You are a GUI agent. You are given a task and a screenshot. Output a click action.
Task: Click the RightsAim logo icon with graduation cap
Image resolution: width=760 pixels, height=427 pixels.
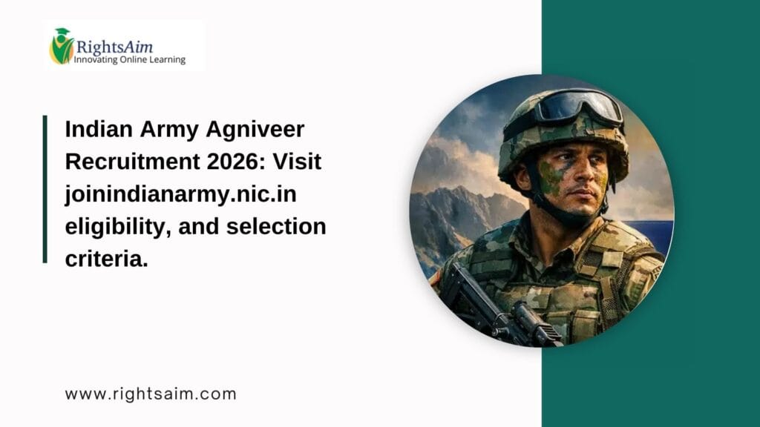61,45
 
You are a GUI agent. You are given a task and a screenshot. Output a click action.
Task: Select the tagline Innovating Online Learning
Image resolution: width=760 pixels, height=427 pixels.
129,59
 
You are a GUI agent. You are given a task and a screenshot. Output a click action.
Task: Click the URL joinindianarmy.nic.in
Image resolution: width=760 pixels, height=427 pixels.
182,194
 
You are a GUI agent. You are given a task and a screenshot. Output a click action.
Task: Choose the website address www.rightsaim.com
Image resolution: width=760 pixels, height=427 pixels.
150,394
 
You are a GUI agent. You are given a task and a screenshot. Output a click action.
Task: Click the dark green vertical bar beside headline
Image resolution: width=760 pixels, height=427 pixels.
45,189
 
